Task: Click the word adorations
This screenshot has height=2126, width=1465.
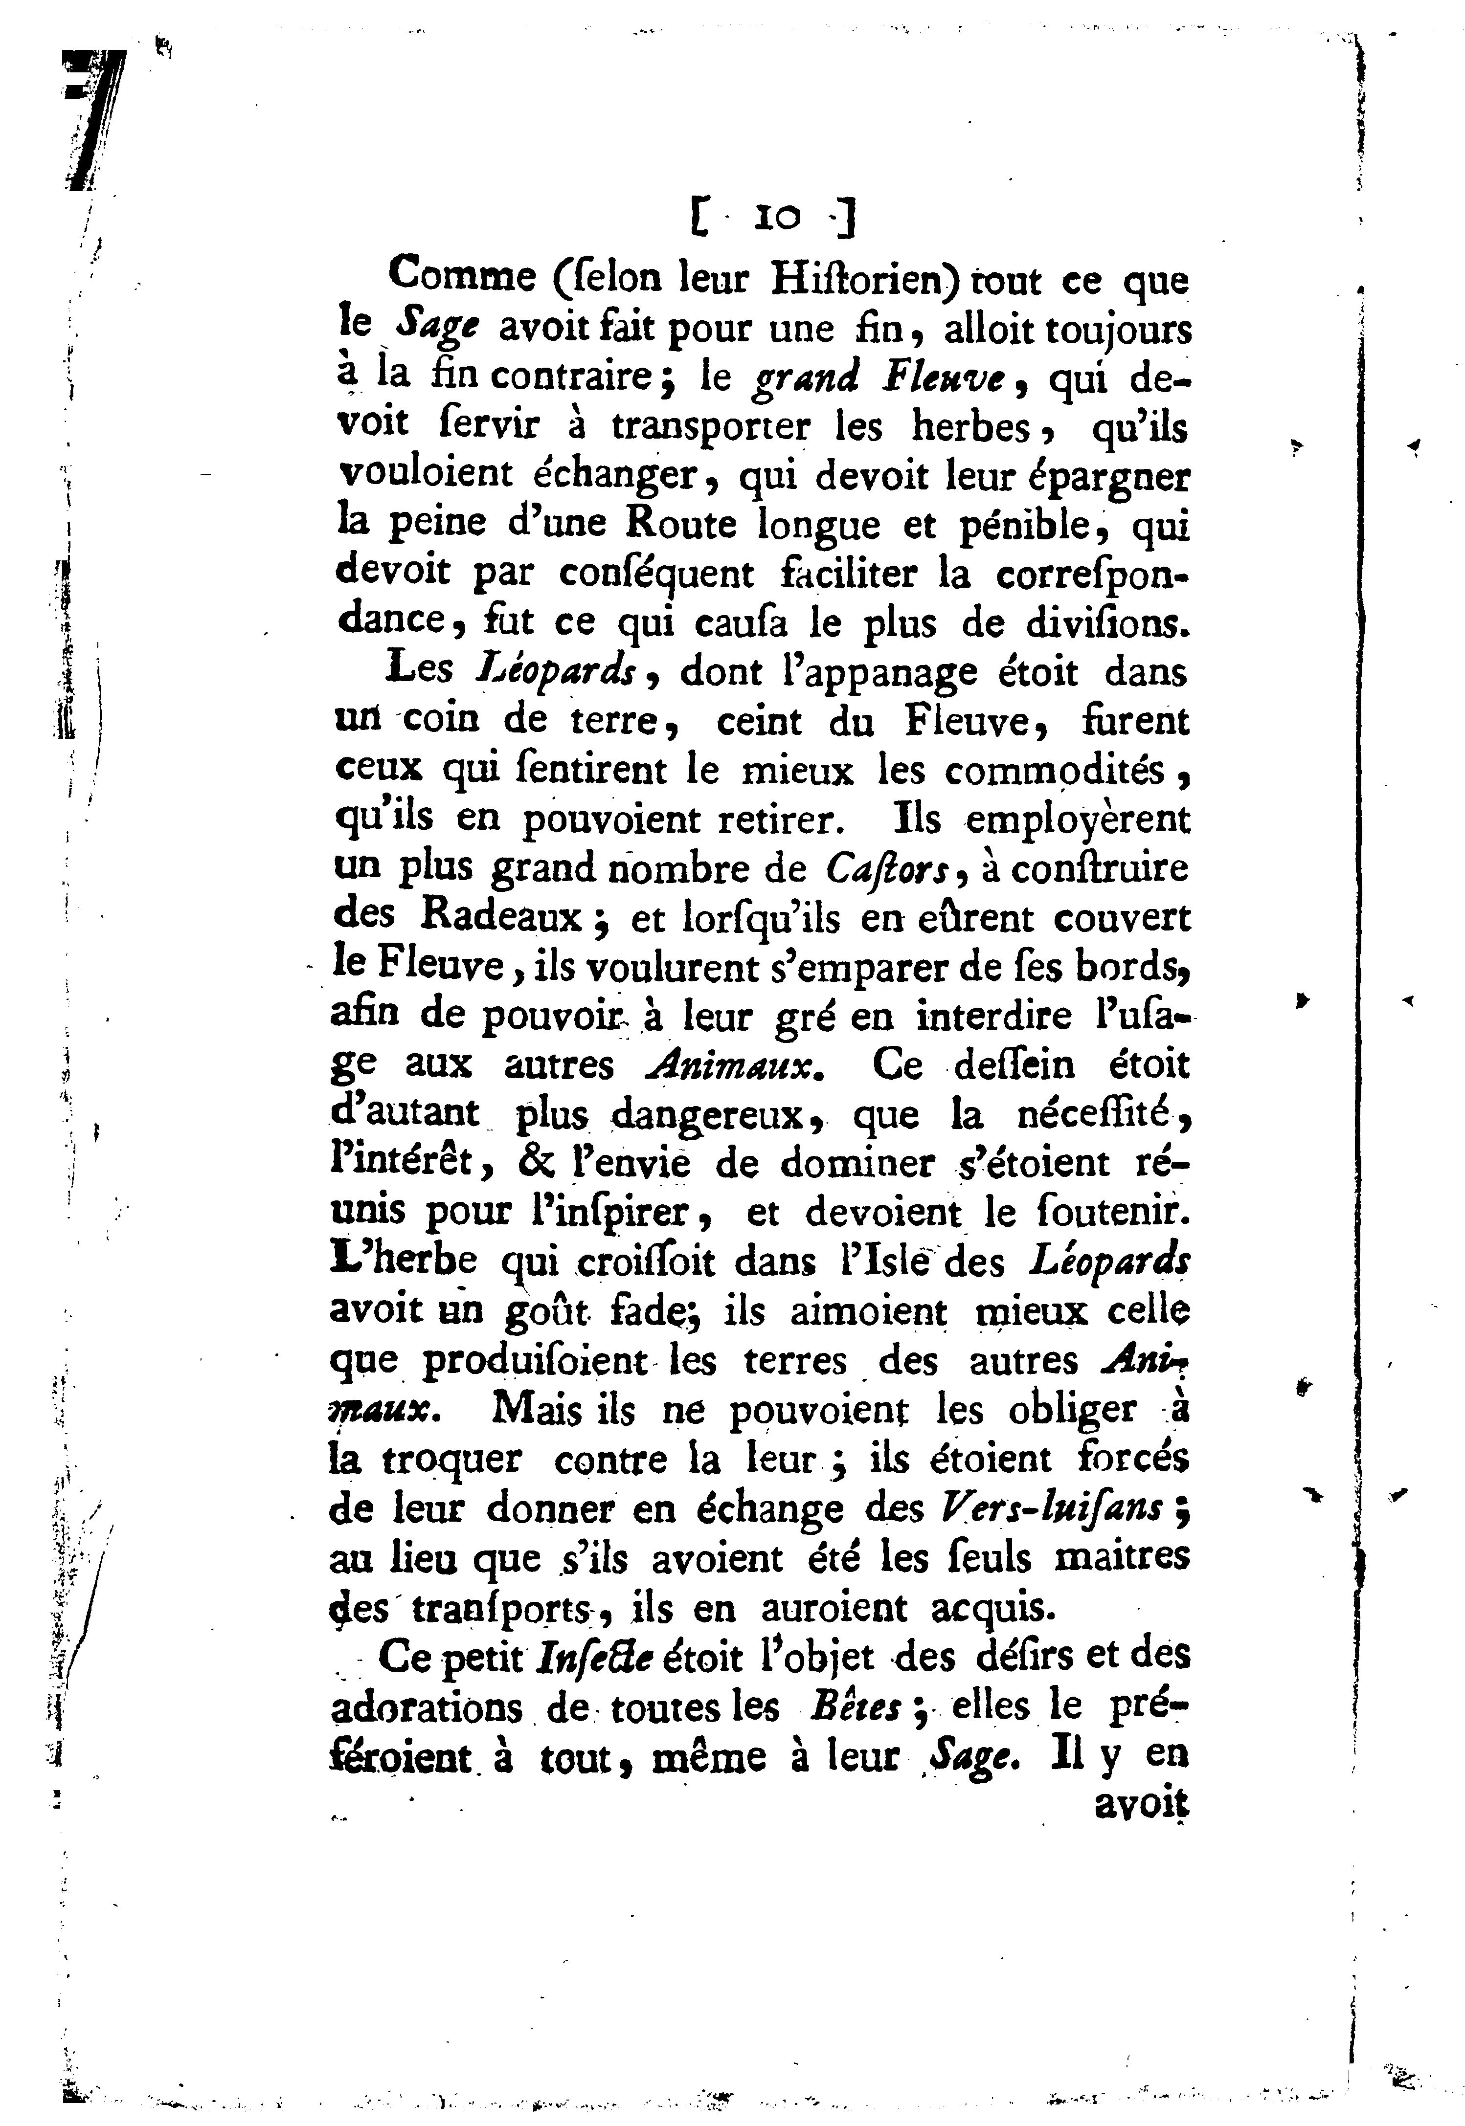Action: point(426,1706)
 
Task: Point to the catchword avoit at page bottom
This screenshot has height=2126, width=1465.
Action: point(1142,1803)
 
